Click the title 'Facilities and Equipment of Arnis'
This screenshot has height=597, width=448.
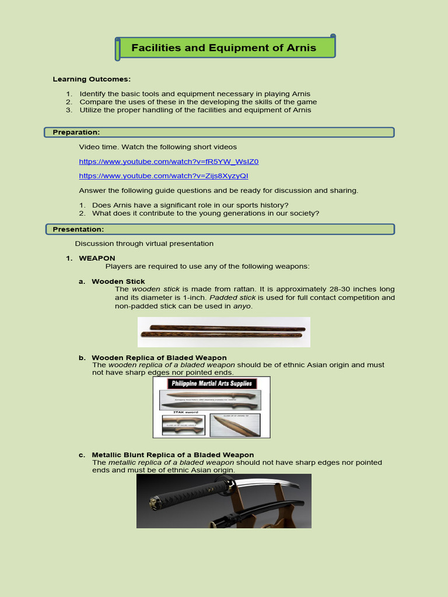click(x=224, y=48)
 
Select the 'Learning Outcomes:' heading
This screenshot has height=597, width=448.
click(x=92, y=79)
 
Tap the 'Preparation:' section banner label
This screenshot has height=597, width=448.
click(x=76, y=132)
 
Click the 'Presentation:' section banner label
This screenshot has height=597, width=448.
click(x=78, y=229)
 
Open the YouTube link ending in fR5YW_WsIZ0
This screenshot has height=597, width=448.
click(x=169, y=161)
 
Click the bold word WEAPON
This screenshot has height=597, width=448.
click(x=97, y=258)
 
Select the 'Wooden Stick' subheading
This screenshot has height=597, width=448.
click(x=118, y=282)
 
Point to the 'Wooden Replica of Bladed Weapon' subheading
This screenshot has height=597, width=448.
click(x=159, y=357)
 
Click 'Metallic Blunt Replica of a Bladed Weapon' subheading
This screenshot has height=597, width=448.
click(x=173, y=455)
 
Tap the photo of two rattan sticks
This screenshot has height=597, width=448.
click(x=224, y=332)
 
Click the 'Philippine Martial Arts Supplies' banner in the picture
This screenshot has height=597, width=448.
click(x=211, y=384)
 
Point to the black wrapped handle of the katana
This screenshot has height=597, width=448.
click(x=189, y=492)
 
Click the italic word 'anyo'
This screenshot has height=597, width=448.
click(x=242, y=306)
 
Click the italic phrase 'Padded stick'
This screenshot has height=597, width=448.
click(x=232, y=297)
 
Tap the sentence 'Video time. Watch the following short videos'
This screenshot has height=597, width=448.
click(x=157, y=147)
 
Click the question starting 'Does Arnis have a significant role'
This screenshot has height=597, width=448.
click(x=190, y=205)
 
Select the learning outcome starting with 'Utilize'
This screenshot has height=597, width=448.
click(x=195, y=110)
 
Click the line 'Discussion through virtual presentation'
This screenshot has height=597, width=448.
click(x=144, y=243)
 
